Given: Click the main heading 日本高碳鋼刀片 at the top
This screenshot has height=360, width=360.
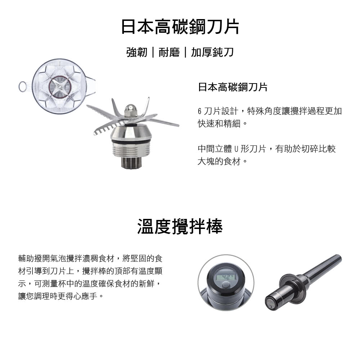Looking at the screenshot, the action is (180, 27).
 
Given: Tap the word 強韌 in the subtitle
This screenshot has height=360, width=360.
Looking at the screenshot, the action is (137, 52).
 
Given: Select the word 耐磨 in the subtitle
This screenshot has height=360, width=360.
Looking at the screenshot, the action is (169, 52).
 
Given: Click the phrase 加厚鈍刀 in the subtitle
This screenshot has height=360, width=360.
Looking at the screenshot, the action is (212, 52).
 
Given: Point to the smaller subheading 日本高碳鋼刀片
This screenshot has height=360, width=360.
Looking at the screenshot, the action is (233, 87).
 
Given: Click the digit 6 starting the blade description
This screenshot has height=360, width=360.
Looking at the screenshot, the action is (199, 111).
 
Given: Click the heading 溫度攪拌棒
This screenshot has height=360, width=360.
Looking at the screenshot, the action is (180, 226).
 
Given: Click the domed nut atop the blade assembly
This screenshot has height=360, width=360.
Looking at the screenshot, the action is (130, 111).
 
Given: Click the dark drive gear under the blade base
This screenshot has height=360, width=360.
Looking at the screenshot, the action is (131, 163).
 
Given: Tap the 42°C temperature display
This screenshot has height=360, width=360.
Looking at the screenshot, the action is (226, 277).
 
